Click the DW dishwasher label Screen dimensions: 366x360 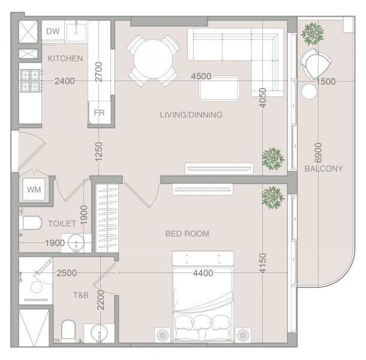tap(53, 31)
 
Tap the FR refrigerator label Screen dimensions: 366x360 tap(99, 113)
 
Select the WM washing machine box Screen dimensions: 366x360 tap(34, 190)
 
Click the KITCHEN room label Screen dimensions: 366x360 tap(65, 58)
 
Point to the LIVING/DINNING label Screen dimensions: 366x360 tap(191, 115)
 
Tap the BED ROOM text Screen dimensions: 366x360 tap(187, 233)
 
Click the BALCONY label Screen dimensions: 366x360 tap(324, 169)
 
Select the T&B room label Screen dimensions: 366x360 tap(81, 295)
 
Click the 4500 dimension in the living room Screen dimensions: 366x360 tap(201, 76)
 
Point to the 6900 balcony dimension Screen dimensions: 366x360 tap(318, 152)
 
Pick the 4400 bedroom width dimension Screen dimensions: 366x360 tap(203, 273)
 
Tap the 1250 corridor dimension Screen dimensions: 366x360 tap(99, 152)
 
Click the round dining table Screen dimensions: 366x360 tap(153, 59)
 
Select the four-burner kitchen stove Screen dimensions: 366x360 tap(31, 80)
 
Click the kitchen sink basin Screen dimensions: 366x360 tap(76, 32)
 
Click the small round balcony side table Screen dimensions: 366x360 tap(309, 92)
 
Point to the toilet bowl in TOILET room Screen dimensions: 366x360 tap(32, 223)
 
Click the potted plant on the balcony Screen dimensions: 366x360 tap(313, 34)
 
